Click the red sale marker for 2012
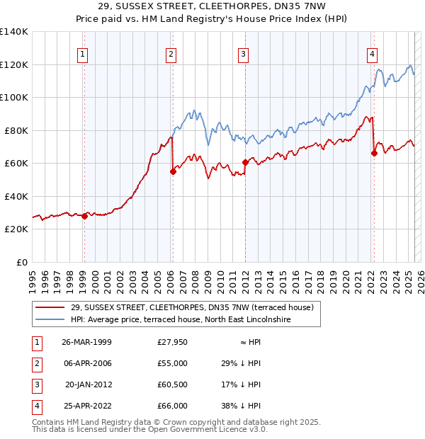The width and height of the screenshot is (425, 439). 245,162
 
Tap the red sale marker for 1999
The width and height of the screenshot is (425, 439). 84,216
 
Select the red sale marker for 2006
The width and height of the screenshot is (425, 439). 172,171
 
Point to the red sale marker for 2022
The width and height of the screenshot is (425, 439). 373,153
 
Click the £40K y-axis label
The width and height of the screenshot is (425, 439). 16,196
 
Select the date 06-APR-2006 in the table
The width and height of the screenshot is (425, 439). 87,363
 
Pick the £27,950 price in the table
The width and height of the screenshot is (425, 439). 173,342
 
